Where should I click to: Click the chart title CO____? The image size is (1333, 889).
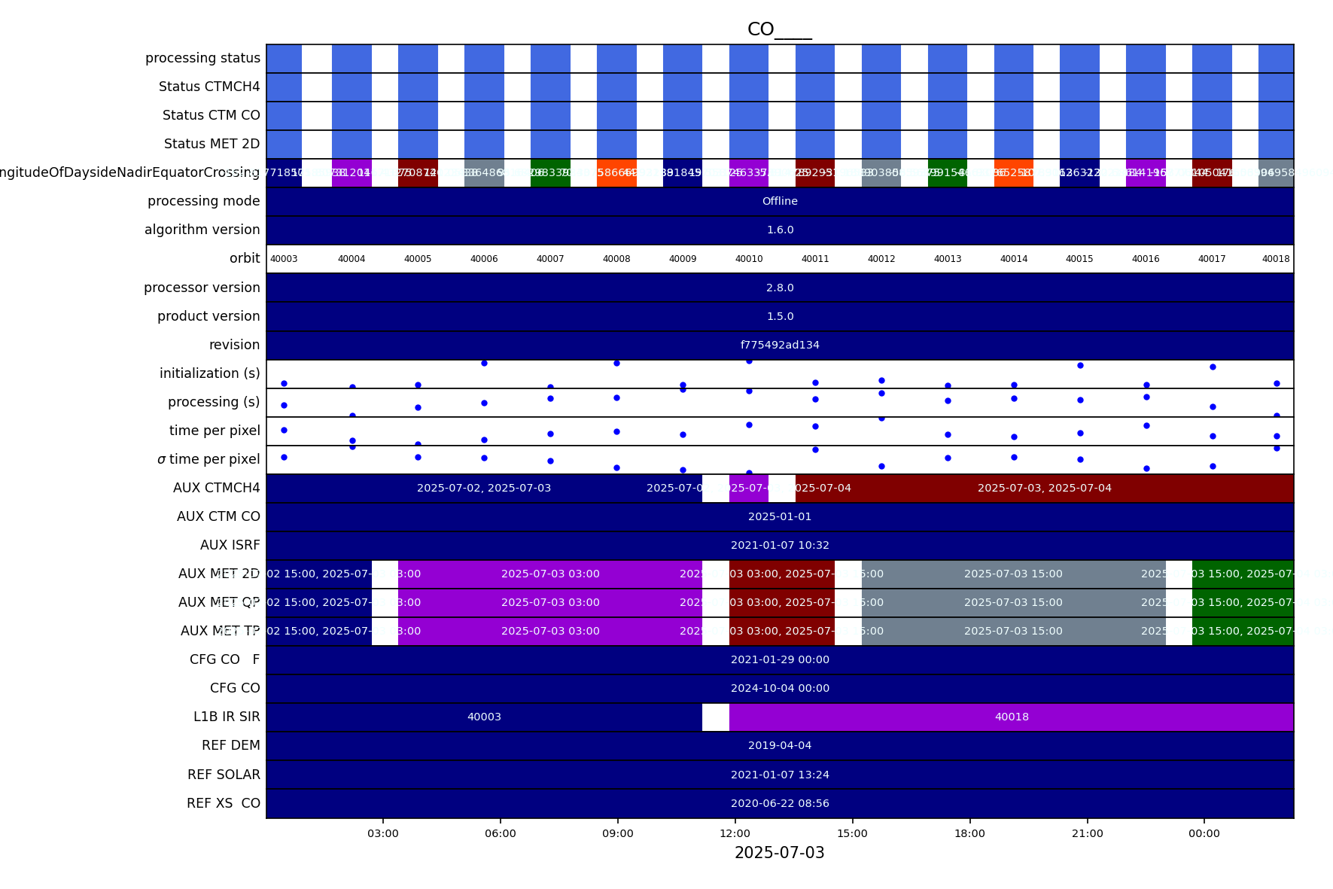click(x=779, y=29)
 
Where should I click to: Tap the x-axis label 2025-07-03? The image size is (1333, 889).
click(x=779, y=853)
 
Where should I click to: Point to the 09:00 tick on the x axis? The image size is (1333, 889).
click(x=617, y=833)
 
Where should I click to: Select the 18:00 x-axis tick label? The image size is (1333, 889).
click(x=969, y=833)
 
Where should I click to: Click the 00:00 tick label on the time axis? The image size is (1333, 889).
click(x=1204, y=833)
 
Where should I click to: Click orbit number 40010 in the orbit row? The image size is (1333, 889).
click(x=749, y=259)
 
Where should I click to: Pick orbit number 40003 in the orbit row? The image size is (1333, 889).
click(x=284, y=259)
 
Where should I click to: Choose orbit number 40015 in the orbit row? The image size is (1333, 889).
click(x=1079, y=259)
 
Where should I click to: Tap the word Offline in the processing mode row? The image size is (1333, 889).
click(x=780, y=201)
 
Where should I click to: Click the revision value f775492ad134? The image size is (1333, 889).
click(x=780, y=345)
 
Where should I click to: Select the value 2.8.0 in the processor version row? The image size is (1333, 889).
click(x=780, y=288)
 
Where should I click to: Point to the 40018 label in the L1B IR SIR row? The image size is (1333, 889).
click(x=1012, y=717)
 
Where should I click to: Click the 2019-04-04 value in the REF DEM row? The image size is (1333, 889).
click(x=780, y=745)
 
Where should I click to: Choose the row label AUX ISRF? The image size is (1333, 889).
click(x=230, y=545)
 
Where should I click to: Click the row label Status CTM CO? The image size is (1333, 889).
click(x=211, y=115)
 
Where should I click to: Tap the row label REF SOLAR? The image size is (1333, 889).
click(x=224, y=775)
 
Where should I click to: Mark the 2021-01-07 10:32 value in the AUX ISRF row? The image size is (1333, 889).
click(x=780, y=545)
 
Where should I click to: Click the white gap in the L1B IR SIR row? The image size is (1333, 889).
click(x=715, y=717)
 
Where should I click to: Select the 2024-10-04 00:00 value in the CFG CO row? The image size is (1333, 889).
click(x=780, y=688)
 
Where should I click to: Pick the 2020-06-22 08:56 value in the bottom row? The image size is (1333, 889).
click(x=780, y=803)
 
